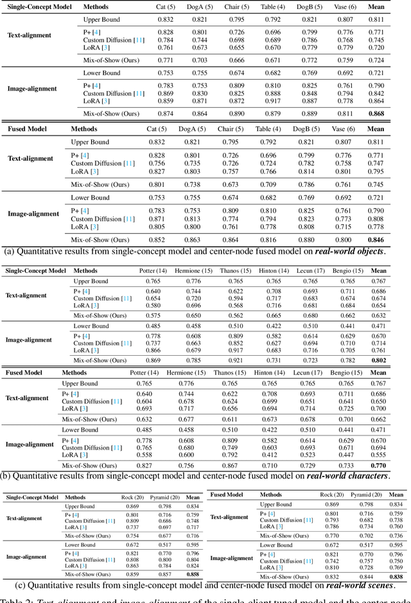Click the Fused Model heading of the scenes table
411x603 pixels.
(227, 494)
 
